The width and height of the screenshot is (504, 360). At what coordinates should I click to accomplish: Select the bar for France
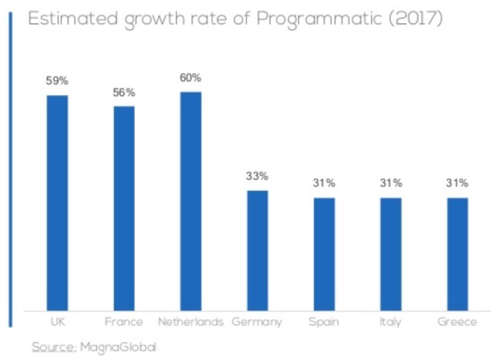pyautogui.click(x=124, y=206)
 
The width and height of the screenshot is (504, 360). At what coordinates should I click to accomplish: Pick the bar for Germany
pyautogui.click(x=257, y=249)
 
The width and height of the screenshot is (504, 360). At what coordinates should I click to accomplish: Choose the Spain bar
pyautogui.click(x=324, y=253)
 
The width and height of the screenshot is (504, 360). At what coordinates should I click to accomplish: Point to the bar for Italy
pyautogui.click(x=390, y=253)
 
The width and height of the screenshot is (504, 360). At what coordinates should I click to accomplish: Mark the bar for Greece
pyautogui.click(x=458, y=253)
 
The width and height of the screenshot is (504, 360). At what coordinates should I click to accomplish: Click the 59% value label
pyautogui.click(x=57, y=80)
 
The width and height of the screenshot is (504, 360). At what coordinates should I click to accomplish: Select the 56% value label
pyautogui.click(x=124, y=92)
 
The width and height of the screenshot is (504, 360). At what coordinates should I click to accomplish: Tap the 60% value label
pyautogui.click(x=190, y=77)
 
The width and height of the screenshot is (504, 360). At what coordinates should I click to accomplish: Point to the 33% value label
pyautogui.click(x=257, y=176)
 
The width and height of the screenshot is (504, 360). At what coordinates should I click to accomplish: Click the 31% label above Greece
pyautogui.click(x=458, y=183)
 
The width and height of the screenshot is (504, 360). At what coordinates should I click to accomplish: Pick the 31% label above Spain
pyautogui.click(x=324, y=183)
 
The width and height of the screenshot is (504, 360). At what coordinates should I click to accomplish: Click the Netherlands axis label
pyautogui.click(x=190, y=321)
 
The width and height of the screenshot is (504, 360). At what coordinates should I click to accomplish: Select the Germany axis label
pyautogui.click(x=257, y=321)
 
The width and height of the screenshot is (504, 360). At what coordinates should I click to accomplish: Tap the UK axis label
pyautogui.click(x=57, y=321)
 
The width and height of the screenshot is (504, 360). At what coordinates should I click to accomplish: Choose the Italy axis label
pyautogui.click(x=390, y=321)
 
